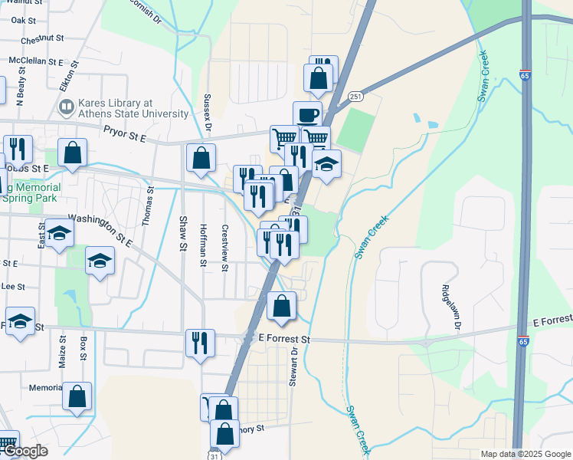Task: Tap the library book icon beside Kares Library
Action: pos(66,107)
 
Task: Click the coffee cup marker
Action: pos(307,115)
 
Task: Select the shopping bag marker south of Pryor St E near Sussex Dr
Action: pos(200,158)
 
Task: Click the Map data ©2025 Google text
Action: pos(526,454)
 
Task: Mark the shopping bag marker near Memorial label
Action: pos(77,396)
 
